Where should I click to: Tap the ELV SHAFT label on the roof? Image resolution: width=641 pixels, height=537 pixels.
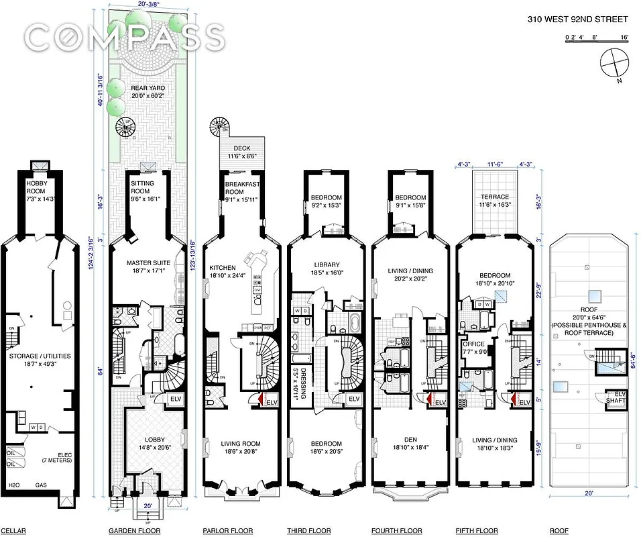point(616,399)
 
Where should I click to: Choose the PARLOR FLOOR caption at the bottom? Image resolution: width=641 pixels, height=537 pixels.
point(227,531)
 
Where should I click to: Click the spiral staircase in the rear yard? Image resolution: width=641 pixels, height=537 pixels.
point(127,126)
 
